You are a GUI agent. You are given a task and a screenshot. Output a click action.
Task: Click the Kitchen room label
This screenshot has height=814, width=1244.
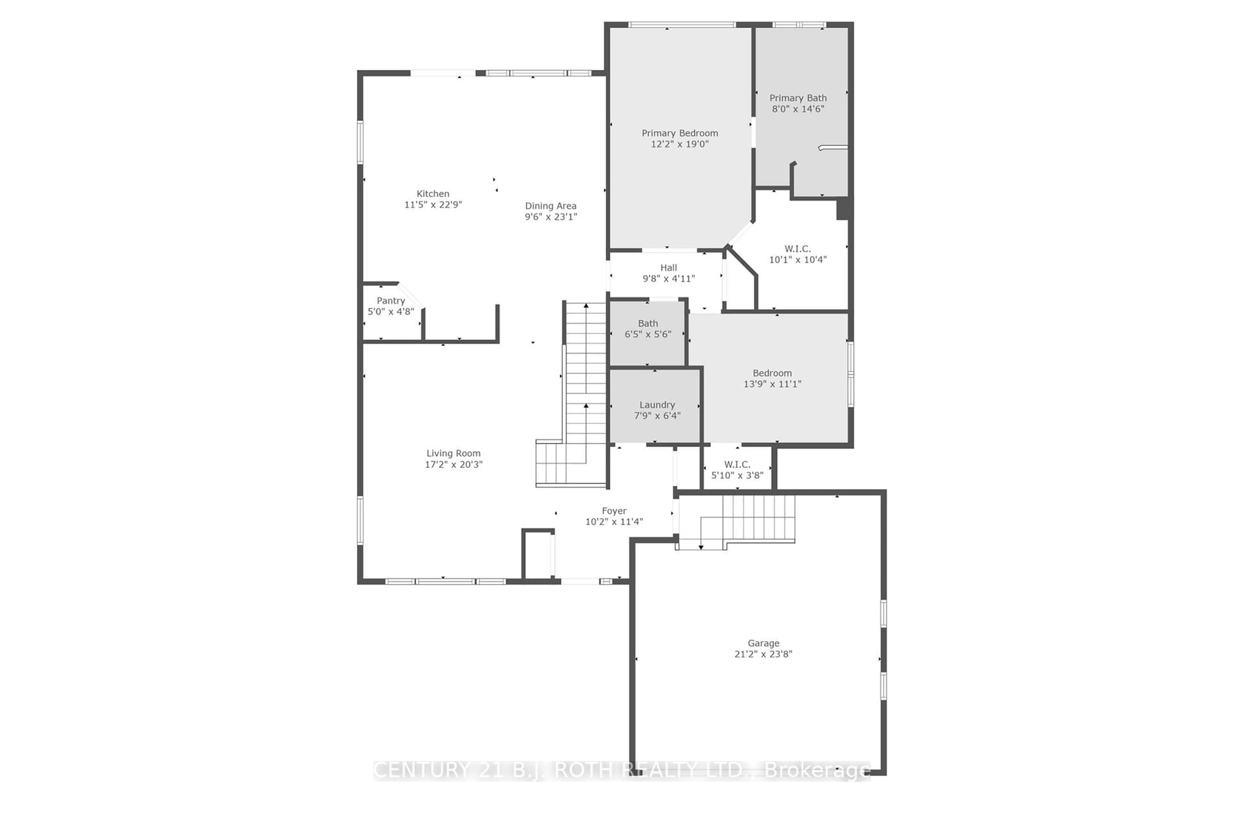coord(433,194)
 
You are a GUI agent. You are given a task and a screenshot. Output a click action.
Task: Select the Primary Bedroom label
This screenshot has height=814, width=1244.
coord(679,133)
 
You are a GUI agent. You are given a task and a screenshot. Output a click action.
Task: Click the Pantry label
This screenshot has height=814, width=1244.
coord(390,301)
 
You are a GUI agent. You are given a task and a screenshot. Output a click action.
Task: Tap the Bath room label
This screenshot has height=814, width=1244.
coord(648,323)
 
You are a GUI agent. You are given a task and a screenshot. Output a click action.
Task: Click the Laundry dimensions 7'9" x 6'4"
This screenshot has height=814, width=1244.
coord(657,416)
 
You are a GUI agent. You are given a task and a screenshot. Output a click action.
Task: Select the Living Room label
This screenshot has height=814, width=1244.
coord(453,454)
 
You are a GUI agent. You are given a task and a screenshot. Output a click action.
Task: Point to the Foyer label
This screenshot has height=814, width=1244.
coord(614,511)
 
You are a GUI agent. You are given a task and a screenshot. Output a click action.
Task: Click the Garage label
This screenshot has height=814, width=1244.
coord(763,643)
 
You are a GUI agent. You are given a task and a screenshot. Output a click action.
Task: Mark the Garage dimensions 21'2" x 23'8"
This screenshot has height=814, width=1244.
coord(763,654)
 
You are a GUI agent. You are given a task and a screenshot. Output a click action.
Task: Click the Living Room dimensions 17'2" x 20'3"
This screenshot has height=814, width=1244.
coord(453,464)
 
